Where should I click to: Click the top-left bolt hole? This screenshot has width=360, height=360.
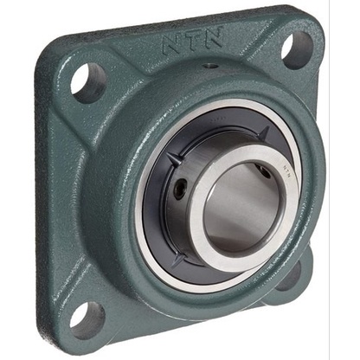87,83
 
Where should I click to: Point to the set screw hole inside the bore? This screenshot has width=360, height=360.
260,171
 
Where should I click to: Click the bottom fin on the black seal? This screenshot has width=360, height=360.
177,259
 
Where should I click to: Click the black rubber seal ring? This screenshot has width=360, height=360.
161,216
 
